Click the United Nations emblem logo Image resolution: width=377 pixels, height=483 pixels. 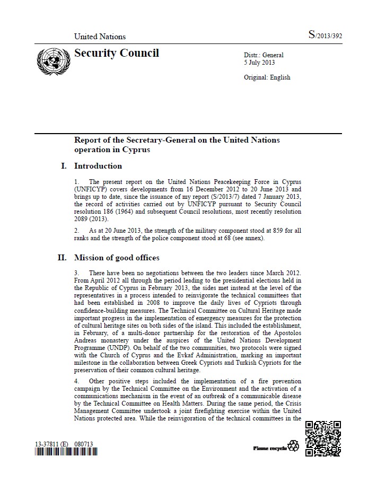click(x=53, y=62)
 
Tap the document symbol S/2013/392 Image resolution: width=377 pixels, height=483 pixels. click(x=325, y=36)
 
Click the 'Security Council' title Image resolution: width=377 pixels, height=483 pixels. click(x=116, y=53)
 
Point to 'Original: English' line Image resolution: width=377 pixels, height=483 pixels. click(x=267, y=77)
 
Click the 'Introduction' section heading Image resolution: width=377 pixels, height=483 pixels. click(x=98, y=166)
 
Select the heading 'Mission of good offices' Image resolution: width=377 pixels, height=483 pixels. click(x=117, y=258)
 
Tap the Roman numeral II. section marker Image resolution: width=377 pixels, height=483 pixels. click(x=63, y=258)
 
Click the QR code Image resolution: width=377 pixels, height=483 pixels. click(x=323, y=438)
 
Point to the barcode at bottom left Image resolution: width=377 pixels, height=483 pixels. click(x=66, y=452)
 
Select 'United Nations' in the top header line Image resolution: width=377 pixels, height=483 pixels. click(x=100, y=37)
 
